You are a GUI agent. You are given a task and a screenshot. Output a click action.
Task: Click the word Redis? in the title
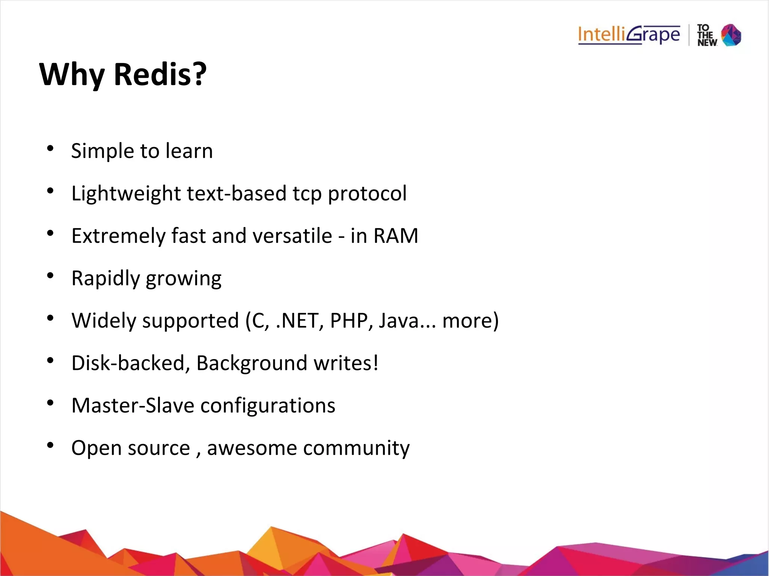[160, 74]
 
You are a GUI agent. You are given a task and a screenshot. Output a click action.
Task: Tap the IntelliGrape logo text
[629, 35]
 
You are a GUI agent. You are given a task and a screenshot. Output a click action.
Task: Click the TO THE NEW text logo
[707, 35]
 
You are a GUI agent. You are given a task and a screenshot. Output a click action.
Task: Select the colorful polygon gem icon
[731, 35]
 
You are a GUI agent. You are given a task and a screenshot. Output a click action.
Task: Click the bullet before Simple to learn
[50, 149]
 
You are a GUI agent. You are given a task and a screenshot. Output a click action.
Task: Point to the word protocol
[367, 194]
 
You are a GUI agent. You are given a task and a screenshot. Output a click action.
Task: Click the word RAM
[396, 236]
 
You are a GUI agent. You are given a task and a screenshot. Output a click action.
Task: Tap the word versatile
[292, 236]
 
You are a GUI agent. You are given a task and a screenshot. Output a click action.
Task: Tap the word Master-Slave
[133, 406]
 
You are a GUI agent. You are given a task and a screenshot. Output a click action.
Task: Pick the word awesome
[252, 448]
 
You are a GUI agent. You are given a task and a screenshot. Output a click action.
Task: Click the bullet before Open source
[50, 445]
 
